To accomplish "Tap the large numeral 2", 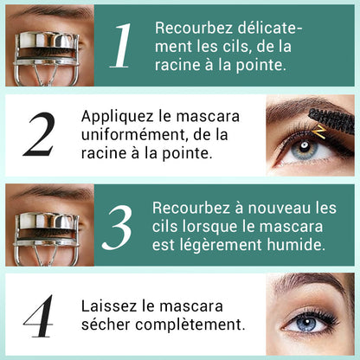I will click(40, 134).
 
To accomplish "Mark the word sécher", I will click(109, 325).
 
